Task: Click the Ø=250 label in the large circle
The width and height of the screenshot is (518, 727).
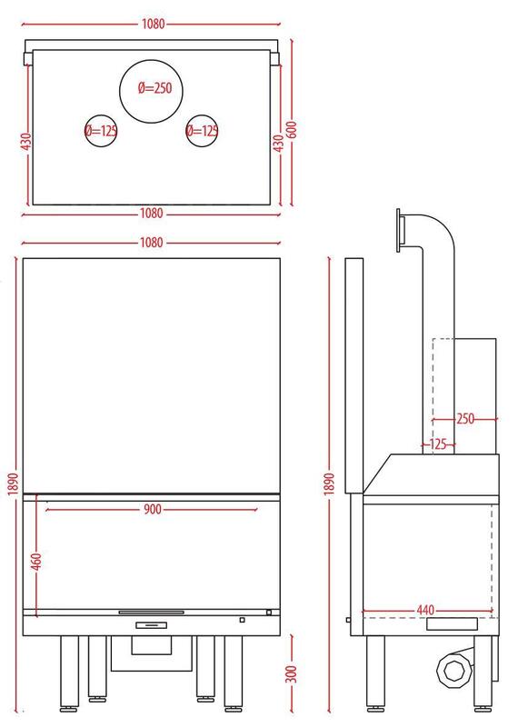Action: (x=154, y=87)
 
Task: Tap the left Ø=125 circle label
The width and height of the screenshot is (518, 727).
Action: (x=101, y=131)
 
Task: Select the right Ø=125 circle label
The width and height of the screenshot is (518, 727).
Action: (x=202, y=131)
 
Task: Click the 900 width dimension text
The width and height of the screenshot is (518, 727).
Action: (x=152, y=509)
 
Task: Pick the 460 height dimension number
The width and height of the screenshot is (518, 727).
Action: (x=37, y=562)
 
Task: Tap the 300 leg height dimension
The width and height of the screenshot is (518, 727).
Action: (x=292, y=673)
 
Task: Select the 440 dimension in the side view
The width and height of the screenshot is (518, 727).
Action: (x=425, y=610)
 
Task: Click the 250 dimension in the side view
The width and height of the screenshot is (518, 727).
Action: (x=465, y=419)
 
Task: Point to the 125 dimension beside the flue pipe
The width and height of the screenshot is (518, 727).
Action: (x=438, y=444)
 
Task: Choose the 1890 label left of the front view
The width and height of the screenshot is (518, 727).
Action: (x=13, y=483)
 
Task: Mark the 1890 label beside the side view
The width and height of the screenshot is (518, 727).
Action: (x=329, y=483)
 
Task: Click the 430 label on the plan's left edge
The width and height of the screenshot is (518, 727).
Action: (x=26, y=142)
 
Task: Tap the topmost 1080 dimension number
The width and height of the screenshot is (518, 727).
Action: (x=153, y=24)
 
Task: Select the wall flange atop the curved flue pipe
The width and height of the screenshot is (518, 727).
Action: (x=398, y=231)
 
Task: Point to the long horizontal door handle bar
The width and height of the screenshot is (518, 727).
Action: (x=151, y=612)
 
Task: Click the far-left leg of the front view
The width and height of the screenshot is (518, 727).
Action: (x=69, y=672)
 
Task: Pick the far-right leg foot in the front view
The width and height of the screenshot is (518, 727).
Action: (x=233, y=709)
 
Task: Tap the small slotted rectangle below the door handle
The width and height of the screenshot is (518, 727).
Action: (x=151, y=625)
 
